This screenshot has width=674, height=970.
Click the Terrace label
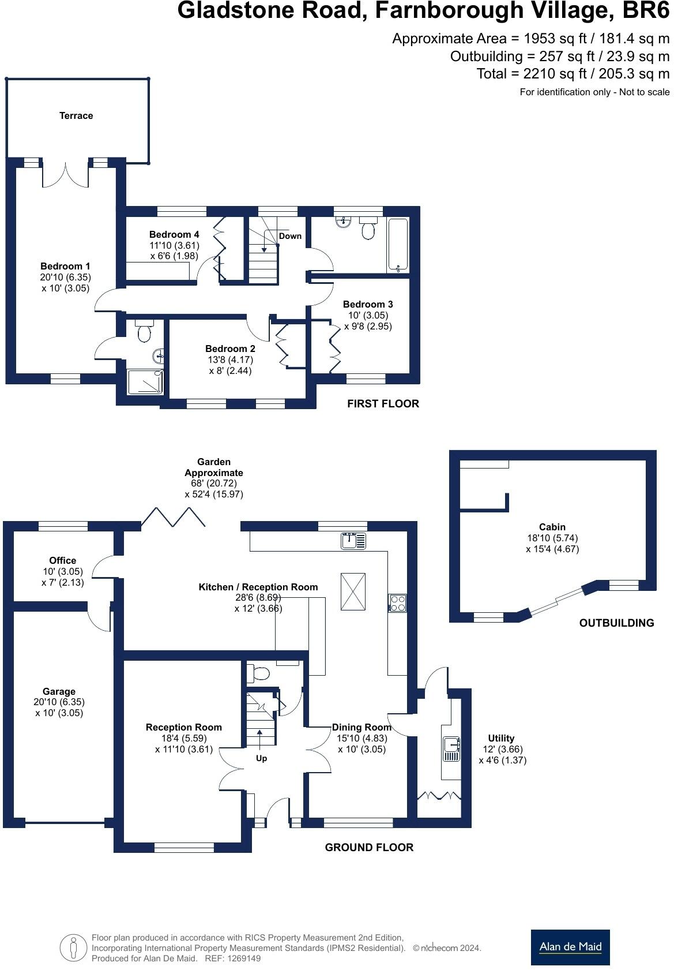tap(76, 116)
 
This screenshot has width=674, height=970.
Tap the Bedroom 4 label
tap(174, 234)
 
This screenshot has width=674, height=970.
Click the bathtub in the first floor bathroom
tap(398, 245)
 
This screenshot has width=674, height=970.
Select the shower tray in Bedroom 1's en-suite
tap(145, 382)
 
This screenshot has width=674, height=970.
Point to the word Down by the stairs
tap(290, 236)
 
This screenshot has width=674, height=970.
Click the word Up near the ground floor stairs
tap(261, 758)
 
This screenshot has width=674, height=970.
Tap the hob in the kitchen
tap(397, 603)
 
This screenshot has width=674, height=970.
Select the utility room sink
tap(451, 748)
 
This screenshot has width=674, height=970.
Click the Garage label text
tap(59, 691)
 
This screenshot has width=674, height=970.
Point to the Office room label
tap(62, 560)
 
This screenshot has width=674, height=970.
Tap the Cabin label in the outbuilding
tap(552, 527)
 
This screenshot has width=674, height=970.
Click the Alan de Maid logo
tap(570, 947)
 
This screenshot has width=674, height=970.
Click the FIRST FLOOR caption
tap(383, 404)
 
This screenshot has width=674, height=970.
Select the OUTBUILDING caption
tap(616, 623)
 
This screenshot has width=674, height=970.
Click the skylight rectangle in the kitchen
tap(353, 591)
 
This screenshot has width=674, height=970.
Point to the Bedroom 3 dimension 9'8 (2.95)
tap(367, 326)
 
